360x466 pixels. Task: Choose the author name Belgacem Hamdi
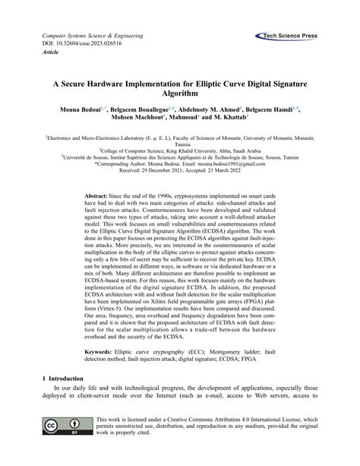[272, 109]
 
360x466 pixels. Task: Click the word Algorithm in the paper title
[179, 91]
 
